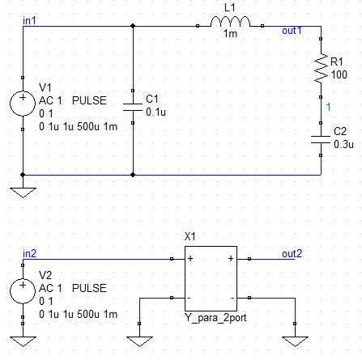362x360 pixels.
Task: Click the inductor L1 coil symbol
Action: point(230,22)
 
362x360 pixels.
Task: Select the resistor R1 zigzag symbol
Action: point(321,68)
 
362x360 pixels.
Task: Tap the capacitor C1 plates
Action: point(133,107)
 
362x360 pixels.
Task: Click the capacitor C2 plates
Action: point(321,139)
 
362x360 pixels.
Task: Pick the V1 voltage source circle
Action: point(23,104)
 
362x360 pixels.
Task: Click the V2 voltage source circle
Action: point(23,291)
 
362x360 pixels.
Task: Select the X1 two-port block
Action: point(211,278)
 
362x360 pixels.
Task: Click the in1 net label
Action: point(29,20)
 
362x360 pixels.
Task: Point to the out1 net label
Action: point(292,31)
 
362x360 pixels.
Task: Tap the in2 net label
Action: point(30,254)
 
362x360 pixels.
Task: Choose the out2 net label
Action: point(292,254)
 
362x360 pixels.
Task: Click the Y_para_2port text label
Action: point(215,318)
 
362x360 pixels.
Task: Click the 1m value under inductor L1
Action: point(230,34)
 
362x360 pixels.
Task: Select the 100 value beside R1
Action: point(339,74)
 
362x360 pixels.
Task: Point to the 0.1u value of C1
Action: point(155,112)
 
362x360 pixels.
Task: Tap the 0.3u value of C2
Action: point(343,144)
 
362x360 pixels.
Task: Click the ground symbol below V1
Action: point(23,193)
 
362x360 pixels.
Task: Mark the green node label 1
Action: point(328,107)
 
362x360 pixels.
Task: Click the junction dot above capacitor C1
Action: point(133,26)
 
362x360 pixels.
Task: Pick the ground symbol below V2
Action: point(23,341)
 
